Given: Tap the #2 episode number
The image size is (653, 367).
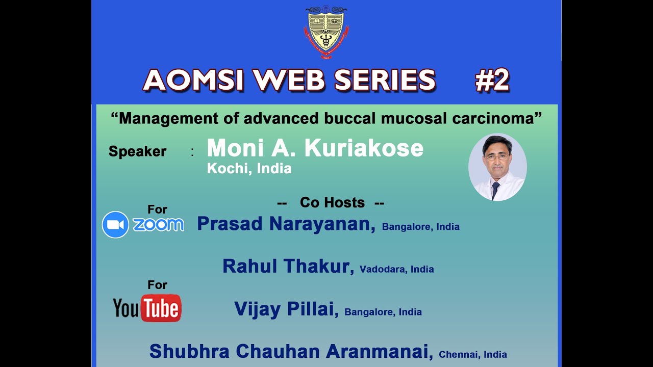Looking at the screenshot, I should [x=492, y=81].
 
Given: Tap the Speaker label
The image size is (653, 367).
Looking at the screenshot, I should [x=137, y=151].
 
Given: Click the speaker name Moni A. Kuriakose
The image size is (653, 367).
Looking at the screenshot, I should [x=315, y=148].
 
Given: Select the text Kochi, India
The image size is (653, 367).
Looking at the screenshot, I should [x=249, y=169].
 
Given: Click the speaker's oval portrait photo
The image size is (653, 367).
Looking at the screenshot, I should [x=497, y=167].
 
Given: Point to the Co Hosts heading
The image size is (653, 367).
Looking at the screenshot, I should [x=332, y=202].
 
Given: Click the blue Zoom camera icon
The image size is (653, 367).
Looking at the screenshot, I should [x=115, y=225].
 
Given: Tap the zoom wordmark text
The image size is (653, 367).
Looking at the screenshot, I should [x=158, y=225].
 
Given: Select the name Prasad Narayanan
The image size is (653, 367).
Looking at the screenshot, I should [x=286, y=224].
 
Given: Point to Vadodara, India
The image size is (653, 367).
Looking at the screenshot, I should [x=396, y=269].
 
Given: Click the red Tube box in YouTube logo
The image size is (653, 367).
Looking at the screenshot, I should [x=161, y=308].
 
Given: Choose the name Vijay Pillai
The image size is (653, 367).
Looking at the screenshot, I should [x=286, y=309].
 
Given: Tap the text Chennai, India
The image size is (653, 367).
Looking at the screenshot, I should [x=472, y=354].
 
